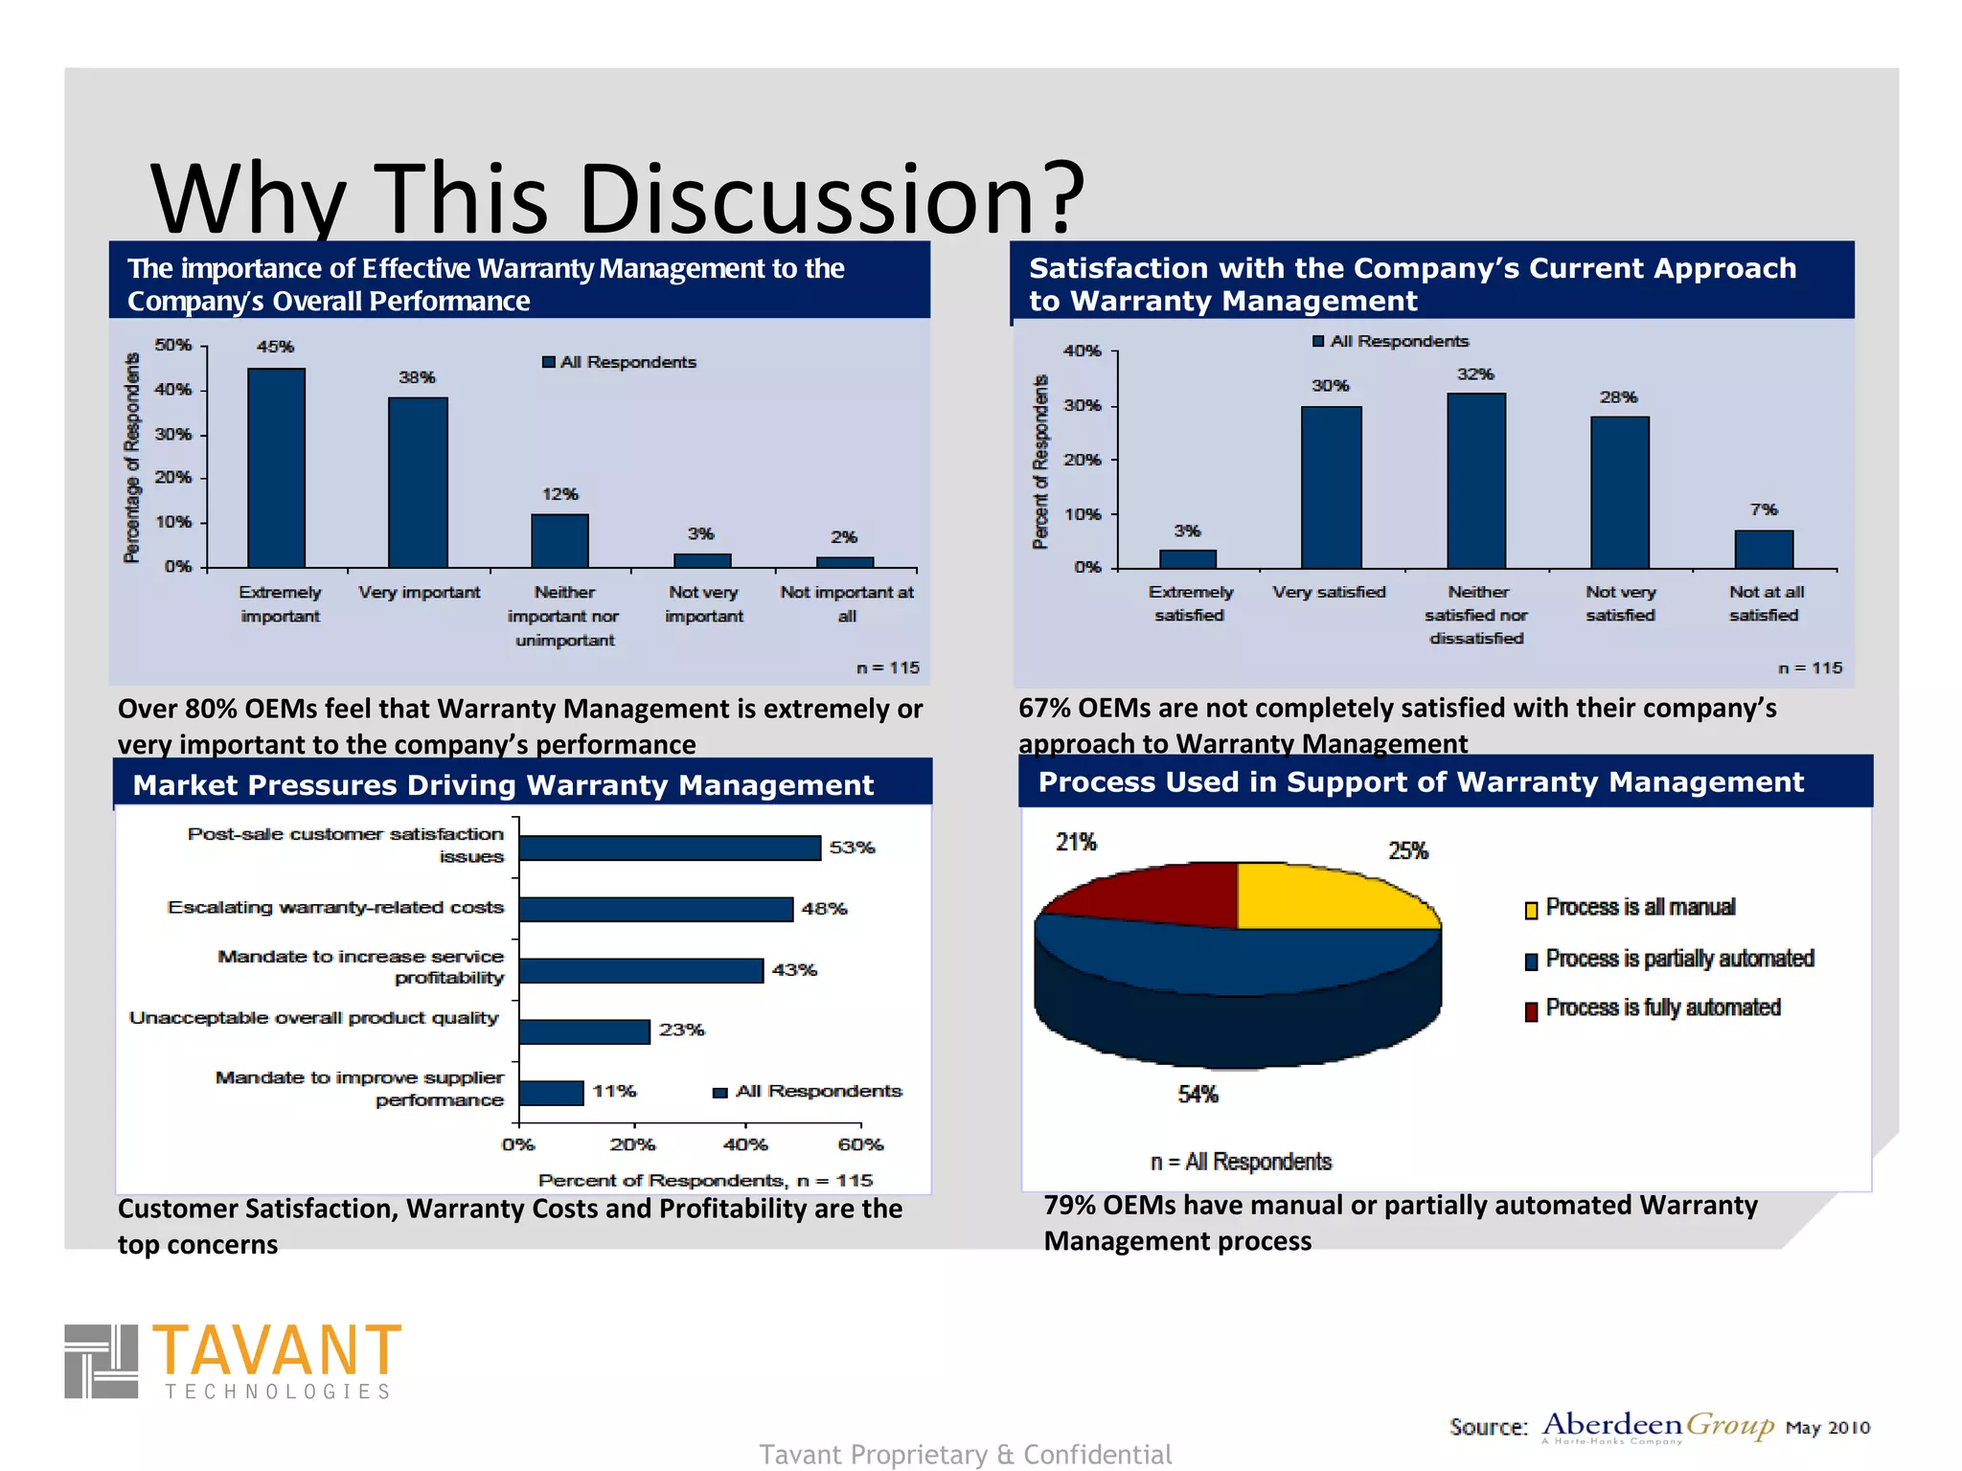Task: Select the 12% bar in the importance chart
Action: [x=559, y=541]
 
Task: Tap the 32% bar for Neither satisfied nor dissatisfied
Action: [x=1475, y=481]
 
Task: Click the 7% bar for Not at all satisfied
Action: [x=1763, y=550]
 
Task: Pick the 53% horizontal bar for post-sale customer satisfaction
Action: [x=670, y=848]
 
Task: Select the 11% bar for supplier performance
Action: [x=551, y=1093]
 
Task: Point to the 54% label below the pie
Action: [x=1198, y=1094]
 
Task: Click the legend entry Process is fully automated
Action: [x=1662, y=1007]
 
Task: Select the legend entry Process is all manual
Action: [x=1639, y=907]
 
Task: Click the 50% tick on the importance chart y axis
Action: [x=173, y=345]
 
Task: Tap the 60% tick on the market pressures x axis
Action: [x=859, y=1144]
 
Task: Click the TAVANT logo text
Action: [x=276, y=1350]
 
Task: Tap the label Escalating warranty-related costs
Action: [x=335, y=907]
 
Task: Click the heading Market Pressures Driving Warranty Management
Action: [x=503, y=785]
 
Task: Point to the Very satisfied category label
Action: [x=1329, y=592]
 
